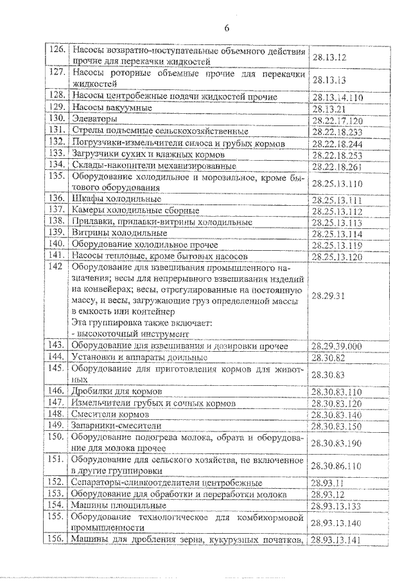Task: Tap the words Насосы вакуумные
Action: tap(112, 107)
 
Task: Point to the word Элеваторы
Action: tap(94, 120)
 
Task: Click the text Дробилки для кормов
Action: tap(116, 391)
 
